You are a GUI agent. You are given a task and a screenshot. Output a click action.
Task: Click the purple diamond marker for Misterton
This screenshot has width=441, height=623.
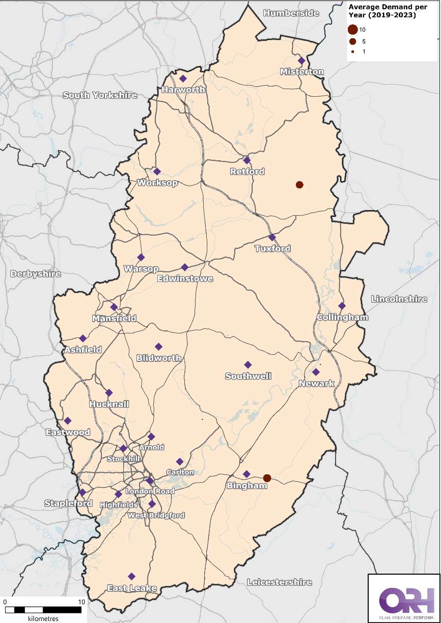pyautogui.click(x=301, y=61)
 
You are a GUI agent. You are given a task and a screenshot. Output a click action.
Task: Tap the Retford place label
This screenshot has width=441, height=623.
pyautogui.click(x=247, y=172)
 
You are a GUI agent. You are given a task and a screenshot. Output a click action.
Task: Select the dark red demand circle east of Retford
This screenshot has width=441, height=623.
pyautogui.click(x=299, y=185)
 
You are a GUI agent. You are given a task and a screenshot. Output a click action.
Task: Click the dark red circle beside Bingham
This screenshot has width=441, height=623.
pyautogui.click(x=267, y=478)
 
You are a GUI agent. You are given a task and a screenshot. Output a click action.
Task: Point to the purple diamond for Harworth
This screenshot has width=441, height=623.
pyautogui.click(x=183, y=78)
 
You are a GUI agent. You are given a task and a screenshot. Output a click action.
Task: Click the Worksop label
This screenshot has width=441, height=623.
pyautogui.click(x=157, y=183)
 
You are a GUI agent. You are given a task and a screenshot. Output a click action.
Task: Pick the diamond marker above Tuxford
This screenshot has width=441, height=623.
pyautogui.click(x=272, y=237)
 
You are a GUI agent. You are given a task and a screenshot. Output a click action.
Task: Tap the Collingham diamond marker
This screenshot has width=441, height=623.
pyautogui.click(x=342, y=306)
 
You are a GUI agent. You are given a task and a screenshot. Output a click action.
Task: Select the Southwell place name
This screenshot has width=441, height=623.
pyautogui.click(x=248, y=376)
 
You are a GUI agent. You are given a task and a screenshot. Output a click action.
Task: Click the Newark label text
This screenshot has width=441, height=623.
pyautogui.click(x=316, y=383)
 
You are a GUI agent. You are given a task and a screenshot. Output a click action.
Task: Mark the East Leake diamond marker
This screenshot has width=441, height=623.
pyautogui.click(x=132, y=576)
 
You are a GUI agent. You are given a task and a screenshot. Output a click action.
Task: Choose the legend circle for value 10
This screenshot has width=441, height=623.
pyautogui.click(x=353, y=30)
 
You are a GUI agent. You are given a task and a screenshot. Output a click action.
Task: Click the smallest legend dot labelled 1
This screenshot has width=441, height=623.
pyautogui.click(x=352, y=52)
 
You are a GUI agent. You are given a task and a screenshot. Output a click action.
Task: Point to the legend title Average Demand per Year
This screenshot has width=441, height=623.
pyautogui.click(x=382, y=11)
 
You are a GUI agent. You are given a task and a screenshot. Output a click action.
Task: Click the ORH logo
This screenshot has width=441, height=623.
pyautogui.click(x=403, y=599)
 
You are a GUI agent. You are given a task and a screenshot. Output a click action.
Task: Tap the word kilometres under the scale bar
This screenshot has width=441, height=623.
pyautogui.click(x=43, y=618)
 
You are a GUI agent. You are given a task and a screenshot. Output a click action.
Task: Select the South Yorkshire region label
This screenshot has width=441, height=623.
pyautogui.click(x=100, y=95)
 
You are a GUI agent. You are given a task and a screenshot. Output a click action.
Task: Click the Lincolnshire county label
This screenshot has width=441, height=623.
pyautogui.click(x=399, y=299)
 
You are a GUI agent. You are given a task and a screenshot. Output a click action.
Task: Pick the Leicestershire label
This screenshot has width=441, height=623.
pyautogui.click(x=279, y=582)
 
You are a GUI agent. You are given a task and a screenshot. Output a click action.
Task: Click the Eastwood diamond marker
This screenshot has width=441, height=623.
pyautogui.click(x=68, y=420)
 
